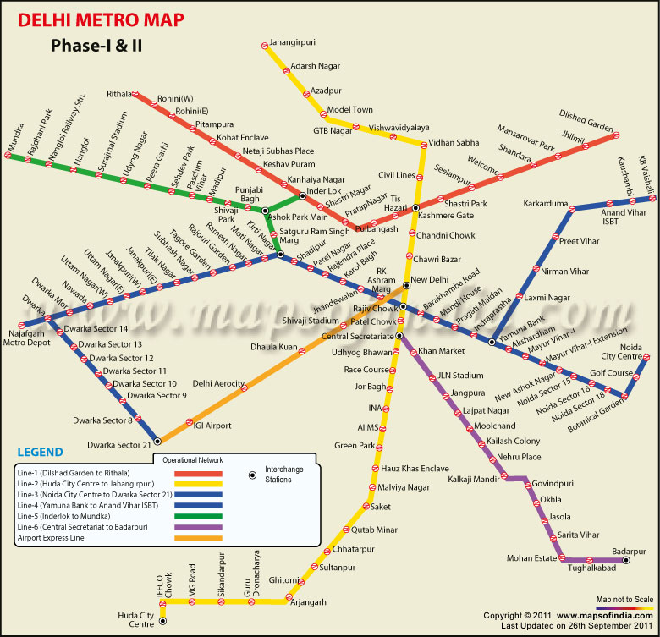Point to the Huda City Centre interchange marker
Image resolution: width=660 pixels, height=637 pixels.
163,621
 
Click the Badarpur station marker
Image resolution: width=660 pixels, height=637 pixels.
626,560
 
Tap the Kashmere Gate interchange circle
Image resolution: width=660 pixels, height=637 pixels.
416,207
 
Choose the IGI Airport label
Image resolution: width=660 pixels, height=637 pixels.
212,426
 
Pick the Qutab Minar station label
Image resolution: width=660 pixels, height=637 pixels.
374,530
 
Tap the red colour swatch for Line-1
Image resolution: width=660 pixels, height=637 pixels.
196,474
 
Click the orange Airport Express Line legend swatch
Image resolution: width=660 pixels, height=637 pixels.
196,538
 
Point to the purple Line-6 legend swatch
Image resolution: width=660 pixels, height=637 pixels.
196,527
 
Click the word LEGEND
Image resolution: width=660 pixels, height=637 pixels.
41,450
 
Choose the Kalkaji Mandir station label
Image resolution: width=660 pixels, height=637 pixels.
475,480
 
